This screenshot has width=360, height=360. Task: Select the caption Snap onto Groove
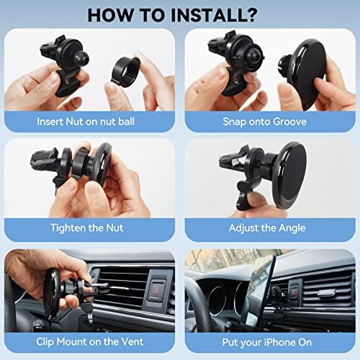(x=266, y=121)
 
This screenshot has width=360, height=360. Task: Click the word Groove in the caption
(x=289, y=121)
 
